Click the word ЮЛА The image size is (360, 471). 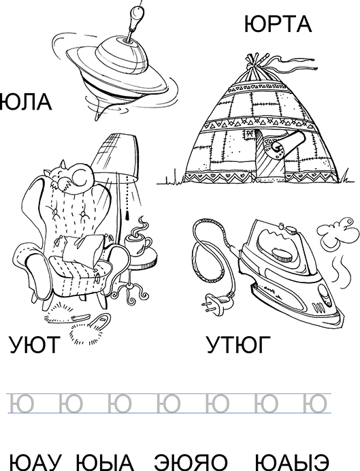click(x=25, y=103)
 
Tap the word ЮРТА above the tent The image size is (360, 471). click(x=277, y=25)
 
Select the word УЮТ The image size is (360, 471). click(x=33, y=345)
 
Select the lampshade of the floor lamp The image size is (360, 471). click(x=120, y=155)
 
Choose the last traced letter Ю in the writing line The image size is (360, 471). click(x=314, y=403)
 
